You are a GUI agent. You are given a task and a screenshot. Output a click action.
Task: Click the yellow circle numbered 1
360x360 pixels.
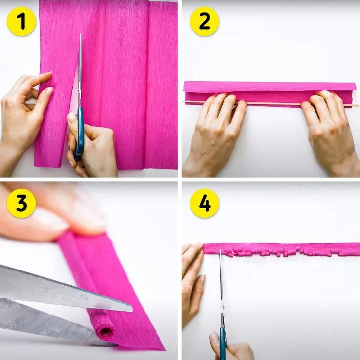point(21,21)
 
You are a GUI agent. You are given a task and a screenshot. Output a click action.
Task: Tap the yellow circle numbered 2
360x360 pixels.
point(205,21)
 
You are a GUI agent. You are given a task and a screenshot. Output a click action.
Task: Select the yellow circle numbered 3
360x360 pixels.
point(21,203)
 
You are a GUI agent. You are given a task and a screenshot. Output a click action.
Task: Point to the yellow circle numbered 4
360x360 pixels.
point(205,203)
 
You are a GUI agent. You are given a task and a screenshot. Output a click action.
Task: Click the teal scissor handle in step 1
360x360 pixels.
point(79,133)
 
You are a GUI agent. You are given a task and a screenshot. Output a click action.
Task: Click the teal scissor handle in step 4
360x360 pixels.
point(223,343)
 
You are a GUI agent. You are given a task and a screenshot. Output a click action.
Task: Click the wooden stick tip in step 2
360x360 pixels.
point(358,105)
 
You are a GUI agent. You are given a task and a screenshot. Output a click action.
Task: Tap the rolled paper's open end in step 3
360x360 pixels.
point(105,332)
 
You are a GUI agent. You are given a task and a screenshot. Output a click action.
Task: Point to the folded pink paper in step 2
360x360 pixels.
point(270,93)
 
